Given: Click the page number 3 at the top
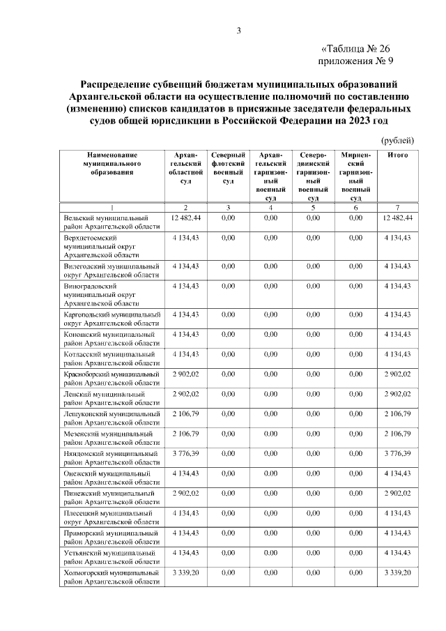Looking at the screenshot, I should [x=238, y=30].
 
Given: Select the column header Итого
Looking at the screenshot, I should [x=397, y=154].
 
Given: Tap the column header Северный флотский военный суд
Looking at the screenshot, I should [x=227, y=167].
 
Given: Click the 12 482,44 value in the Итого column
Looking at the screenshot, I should [x=397, y=218].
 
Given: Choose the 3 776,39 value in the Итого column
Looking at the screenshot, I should [x=397, y=453].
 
